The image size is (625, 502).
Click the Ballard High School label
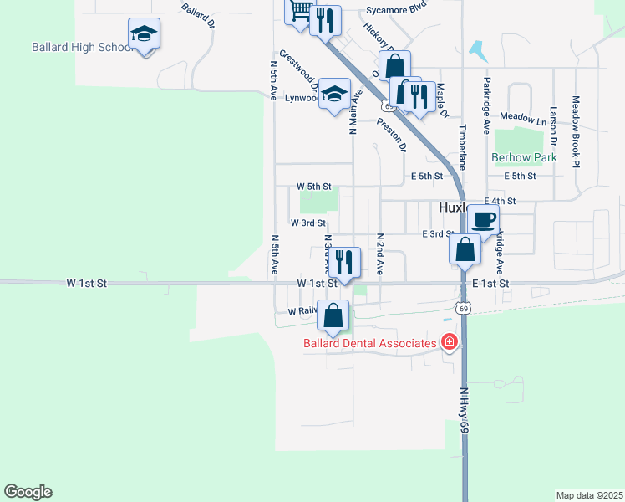pyautogui.click(x=83, y=47)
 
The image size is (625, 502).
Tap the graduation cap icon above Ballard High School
pyautogui.click(x=145, y=34)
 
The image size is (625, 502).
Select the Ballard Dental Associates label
pyautogui.click(x=369, y=343)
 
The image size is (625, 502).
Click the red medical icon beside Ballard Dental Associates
pyautogui.click(x=449, y=342)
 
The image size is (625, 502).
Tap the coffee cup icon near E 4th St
pyautogui.click(x=483, y=219)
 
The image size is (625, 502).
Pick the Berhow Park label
pyautogui.click(x=524, y=157)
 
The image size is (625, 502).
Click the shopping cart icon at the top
pyautogui.click(x=300, y=10)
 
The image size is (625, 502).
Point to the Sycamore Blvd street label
pyautogui.click(x=396, y=12)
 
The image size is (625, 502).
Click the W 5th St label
pyautogui.click(x=314, y=186)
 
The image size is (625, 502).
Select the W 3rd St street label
pyautogui.click(x=307, y=223)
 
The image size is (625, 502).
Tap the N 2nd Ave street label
pyautogui.click(x=379, y=254)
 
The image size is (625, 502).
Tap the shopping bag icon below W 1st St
pyautogui.click(x=333, y=316)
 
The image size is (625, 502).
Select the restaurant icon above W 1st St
pyautogui.click(x=343, y=262)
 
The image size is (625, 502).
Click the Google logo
pyautogui.click(x=28, y=492)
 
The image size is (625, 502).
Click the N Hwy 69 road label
pyautogui.click(x=465, y=411)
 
